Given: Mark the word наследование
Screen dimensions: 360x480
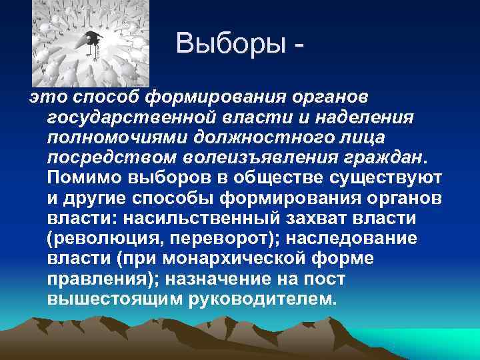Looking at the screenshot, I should pos(359,239).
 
